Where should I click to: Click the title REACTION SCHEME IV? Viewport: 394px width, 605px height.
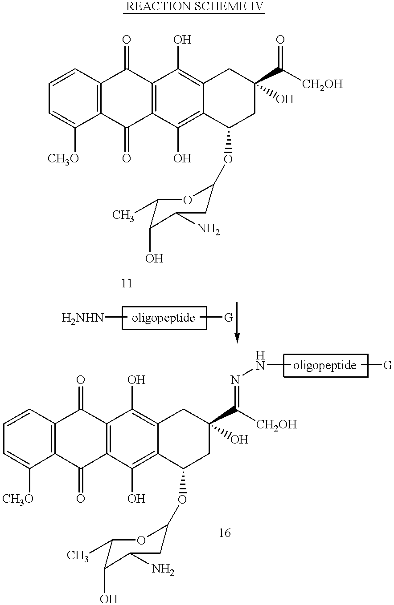[194, 6]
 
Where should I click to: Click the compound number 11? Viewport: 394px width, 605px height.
[127, 284]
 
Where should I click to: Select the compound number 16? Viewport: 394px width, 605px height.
[225, 533]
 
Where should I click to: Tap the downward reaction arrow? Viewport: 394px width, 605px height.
[237, 323]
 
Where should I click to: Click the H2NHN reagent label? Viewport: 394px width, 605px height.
[82, 318]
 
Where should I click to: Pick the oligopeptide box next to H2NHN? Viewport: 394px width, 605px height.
[164, 318]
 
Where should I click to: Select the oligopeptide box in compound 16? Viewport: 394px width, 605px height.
[326, 365]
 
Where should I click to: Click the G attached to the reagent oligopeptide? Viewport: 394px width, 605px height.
[229, 318]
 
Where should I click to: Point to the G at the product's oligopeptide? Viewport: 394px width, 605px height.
[388, 365]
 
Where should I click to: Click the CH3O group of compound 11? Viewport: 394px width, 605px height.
[63, 158]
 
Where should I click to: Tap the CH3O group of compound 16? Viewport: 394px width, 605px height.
[18, 499]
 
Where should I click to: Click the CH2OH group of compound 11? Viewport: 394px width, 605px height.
[322, 85]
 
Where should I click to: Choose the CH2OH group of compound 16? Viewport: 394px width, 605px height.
[276, 425]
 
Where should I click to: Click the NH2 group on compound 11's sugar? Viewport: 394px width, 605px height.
[209, 229]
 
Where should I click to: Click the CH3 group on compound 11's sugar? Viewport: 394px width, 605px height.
[123, 215]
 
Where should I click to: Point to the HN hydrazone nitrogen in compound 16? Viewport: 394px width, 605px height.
[260, 361]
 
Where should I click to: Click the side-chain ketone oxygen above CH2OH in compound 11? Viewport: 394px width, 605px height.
[280, 40]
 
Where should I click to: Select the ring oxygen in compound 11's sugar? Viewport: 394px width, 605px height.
[187, 200]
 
